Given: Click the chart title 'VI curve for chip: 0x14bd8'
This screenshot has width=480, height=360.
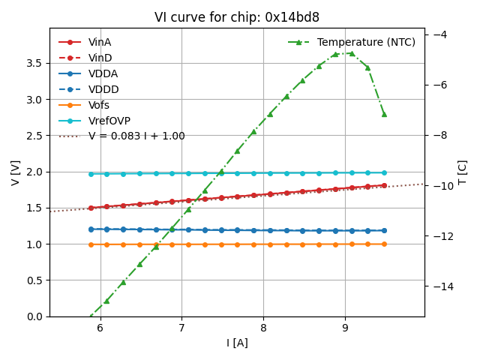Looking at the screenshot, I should coord(237,17).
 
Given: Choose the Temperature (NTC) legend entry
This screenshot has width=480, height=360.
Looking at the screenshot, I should coord(366,42).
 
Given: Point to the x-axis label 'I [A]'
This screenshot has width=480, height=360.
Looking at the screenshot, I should coord(237,343).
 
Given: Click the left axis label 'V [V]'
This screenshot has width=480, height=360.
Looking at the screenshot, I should coord(16,172).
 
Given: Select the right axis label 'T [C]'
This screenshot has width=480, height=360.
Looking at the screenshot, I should coord(462,172).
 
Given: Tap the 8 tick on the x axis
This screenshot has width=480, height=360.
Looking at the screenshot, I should coord(263,328).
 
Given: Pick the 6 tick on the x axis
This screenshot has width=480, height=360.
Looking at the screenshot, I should coord(100,328).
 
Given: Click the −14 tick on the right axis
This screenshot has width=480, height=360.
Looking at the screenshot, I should coord(438,286).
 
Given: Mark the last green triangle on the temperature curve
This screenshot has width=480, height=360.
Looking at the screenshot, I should coord(384,114).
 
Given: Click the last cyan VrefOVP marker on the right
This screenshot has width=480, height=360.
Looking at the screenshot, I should coord(384,172).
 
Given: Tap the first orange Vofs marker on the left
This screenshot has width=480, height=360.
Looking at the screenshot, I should coord(91,244).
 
